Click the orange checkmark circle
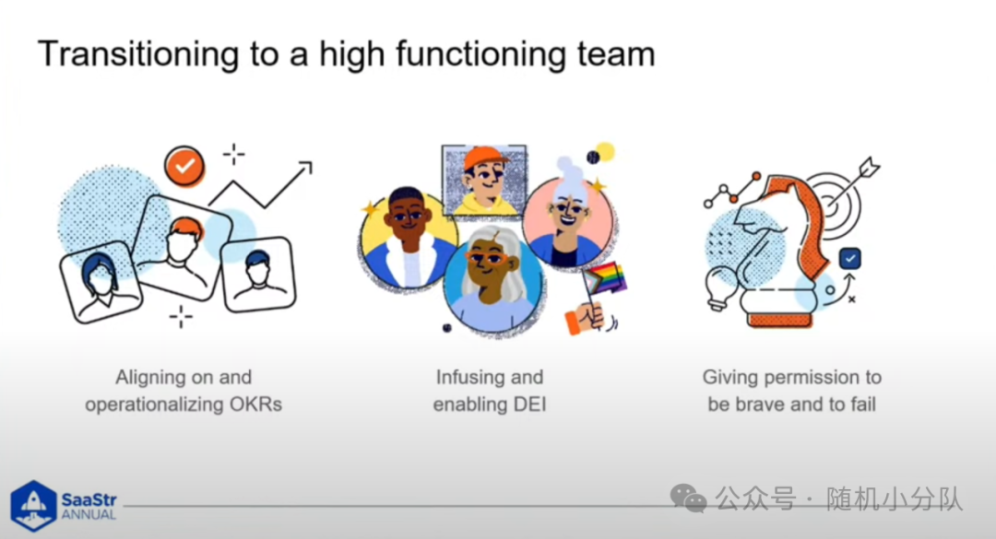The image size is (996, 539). click(x=184, y=167)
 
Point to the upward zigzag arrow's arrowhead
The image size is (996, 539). click(x=306, y=167)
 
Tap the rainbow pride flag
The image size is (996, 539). click(x=605, y=279)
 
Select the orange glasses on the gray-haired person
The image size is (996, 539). click(x=487, y=257)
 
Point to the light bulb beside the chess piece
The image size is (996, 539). click(x=721, y=287)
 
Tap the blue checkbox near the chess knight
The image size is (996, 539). click(x=850, y=258)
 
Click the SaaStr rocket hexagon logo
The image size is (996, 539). click(x=33, y=505)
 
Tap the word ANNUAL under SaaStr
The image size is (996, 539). click(x=89, y=515)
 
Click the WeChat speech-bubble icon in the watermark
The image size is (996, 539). click(x=688, y=498)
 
